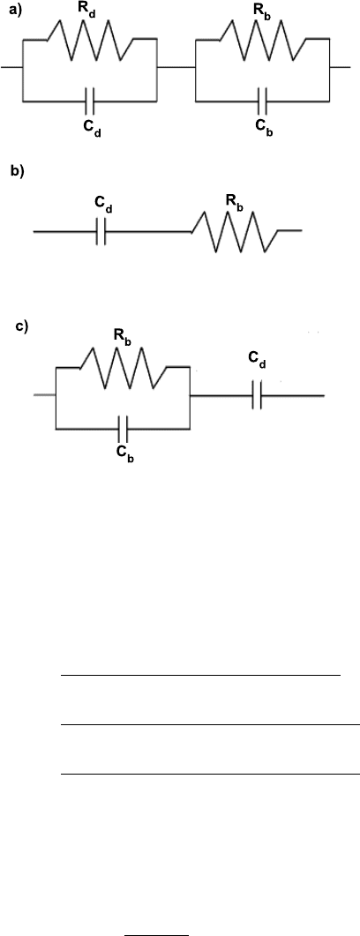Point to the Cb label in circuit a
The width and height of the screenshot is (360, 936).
click(263, 127)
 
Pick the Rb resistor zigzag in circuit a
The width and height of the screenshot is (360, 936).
click(263, 40)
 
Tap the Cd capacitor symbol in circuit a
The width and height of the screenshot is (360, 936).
click(89, 101)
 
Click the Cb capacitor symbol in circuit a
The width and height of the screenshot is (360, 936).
click(263, 101)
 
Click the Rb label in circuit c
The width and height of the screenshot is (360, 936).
click(123, 338)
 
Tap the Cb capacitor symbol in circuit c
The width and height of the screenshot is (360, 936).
click(123, 429)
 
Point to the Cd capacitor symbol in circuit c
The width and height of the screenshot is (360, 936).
click(257, 396)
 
